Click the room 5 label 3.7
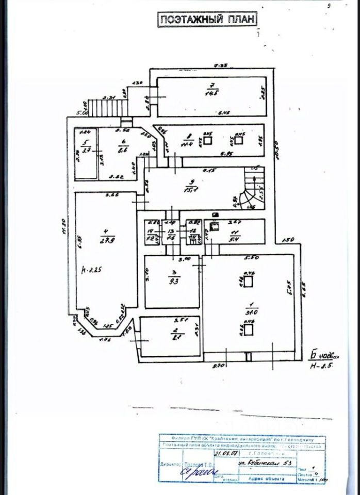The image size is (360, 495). tap(86, 147)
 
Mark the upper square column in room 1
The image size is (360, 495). tap(249, 282)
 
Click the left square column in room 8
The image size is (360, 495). tap(207, 140)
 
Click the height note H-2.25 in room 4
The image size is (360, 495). tap(94, 269)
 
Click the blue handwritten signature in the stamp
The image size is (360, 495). tap(198, 471)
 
